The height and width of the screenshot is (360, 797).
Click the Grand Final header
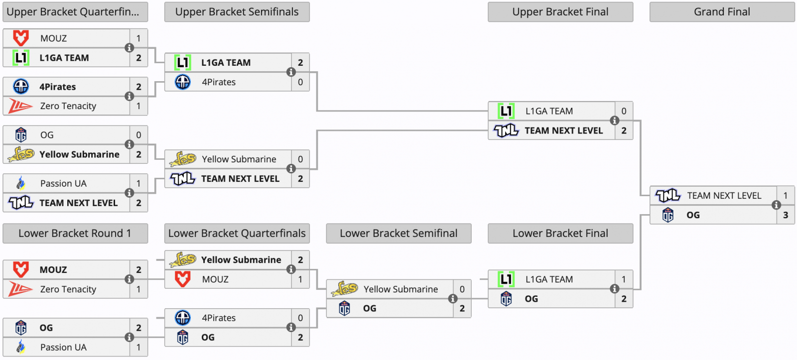point(722,12)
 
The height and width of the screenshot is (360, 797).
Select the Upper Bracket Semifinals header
point(237,12)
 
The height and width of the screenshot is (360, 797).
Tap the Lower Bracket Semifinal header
point(398,234)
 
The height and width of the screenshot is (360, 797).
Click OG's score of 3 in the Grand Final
point(786,215)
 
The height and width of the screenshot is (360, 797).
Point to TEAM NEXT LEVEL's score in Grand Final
point(786,196)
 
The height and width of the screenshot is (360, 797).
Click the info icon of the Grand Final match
point(777,205)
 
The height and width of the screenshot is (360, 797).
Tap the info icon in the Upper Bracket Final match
point(615,120)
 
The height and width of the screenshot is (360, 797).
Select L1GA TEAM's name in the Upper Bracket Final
point(549,112)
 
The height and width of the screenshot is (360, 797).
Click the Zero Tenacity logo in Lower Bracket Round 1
point(20,289)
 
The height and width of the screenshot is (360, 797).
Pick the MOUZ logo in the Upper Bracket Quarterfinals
point(20,38)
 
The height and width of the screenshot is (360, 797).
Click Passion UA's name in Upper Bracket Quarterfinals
point(63,184)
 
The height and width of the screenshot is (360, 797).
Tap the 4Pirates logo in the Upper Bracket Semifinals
point(182,82)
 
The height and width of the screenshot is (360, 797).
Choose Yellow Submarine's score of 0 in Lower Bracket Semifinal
point(462,289)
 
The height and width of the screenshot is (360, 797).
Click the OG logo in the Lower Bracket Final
point(506,299)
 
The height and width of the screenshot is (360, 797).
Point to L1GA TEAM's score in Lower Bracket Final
point(624,280)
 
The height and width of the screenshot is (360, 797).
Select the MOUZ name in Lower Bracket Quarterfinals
point(215,279)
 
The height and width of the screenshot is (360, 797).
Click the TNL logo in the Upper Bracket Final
point(506,130)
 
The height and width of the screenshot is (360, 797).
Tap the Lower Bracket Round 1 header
point(75,234)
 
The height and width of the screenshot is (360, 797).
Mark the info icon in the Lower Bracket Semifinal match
point(453,299)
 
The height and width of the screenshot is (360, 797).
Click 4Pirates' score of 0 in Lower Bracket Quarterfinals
point(301,318)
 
